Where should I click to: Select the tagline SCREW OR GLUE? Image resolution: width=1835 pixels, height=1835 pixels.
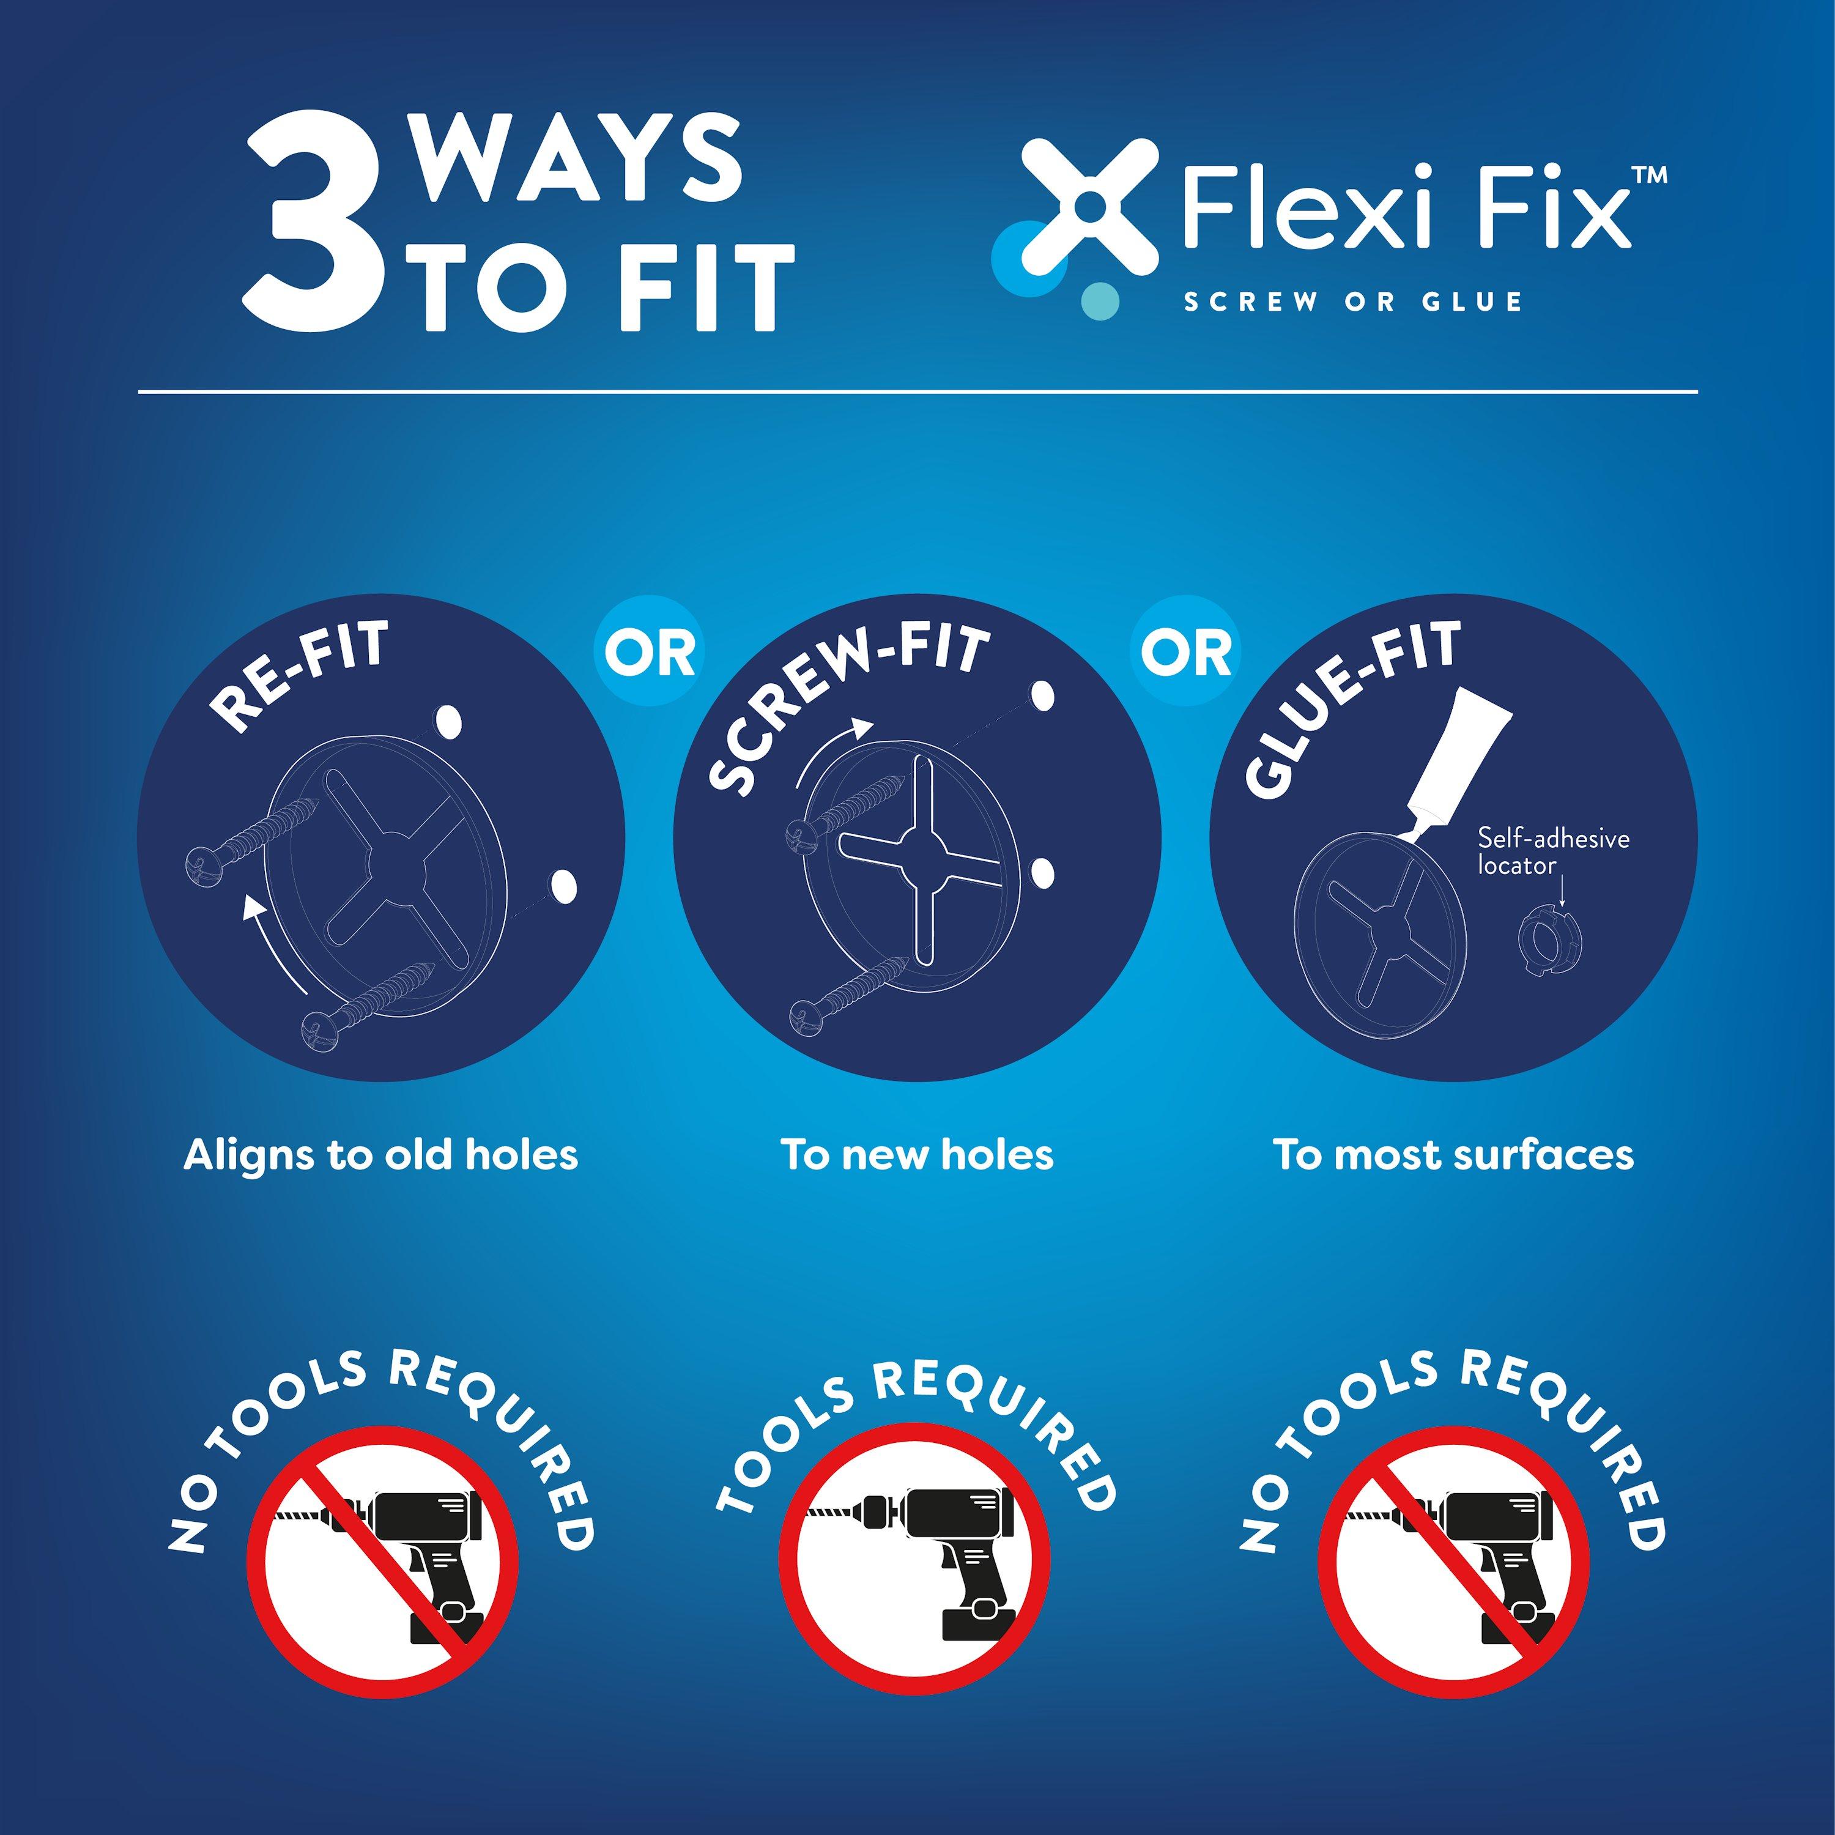point(1352,302)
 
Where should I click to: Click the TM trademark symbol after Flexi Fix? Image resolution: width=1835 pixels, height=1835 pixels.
point(1649,176)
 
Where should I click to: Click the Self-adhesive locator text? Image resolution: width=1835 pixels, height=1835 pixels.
point(1553,851)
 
